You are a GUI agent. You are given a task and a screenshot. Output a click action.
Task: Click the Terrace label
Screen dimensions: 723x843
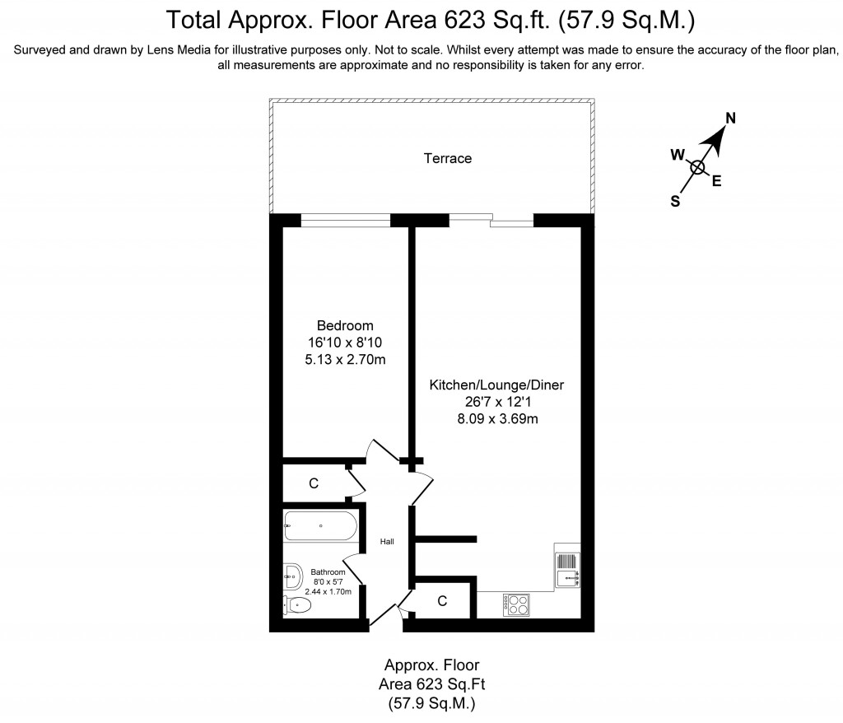click(x=448, y=158)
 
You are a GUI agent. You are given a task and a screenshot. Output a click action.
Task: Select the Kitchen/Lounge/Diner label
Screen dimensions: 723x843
click(x=496, y=385)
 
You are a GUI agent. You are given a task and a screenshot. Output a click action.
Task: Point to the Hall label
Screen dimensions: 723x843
click(x=387, y=542)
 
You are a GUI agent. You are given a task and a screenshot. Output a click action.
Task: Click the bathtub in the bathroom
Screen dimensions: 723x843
click(x=320, y=525)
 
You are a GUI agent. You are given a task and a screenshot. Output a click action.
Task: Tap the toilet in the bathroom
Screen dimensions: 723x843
click(x=297, y=606)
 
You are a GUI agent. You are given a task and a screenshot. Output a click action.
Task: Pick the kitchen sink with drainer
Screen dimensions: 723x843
click(x=568, y=569)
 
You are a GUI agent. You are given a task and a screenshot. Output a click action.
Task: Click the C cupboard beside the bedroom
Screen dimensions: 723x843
click(x=314, y=483)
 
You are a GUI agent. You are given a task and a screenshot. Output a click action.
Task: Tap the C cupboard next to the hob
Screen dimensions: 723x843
click(x=442, y=602)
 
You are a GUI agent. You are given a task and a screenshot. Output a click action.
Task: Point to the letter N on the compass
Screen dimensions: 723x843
click(x=729, y=118)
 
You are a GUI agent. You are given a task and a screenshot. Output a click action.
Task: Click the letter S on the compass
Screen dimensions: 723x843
click(x=675, y=200)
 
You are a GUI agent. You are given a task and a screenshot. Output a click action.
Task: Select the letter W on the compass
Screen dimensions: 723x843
click(x=678, y=154)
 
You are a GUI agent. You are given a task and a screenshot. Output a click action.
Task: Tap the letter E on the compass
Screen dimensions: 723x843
click(x=716, y=182)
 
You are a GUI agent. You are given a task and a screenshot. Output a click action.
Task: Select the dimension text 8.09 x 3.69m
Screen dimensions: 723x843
click(x=496, y=418)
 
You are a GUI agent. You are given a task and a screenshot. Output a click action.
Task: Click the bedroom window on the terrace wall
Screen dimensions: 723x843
click(x=345, y=219)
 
